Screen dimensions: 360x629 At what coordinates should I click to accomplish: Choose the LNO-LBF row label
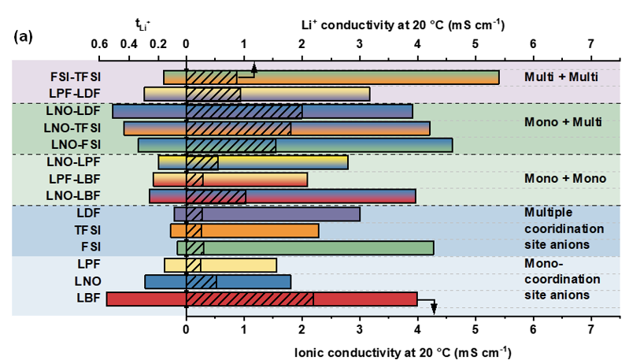[x=73, y=195]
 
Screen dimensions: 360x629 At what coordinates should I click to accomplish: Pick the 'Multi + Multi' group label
[x=561, y=77]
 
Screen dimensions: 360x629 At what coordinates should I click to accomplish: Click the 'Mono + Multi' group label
[x=563, y=122]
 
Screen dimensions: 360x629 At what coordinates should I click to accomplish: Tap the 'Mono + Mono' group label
[x=565, y=178]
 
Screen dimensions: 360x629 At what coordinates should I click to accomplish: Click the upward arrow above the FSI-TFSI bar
[x=253, y=68]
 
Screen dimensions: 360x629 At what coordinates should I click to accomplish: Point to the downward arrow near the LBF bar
[x=433, y=307]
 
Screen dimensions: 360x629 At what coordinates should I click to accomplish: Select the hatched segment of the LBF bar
[x=250, y=299]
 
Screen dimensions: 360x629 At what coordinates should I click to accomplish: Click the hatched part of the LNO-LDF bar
[x=244, y=111]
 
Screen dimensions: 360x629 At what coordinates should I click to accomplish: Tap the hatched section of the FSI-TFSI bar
[x=211, y=77]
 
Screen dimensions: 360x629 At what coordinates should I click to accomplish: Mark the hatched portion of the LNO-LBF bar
[x=216, y=196]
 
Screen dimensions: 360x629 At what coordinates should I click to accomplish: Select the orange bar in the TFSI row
[x=260, y=230]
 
